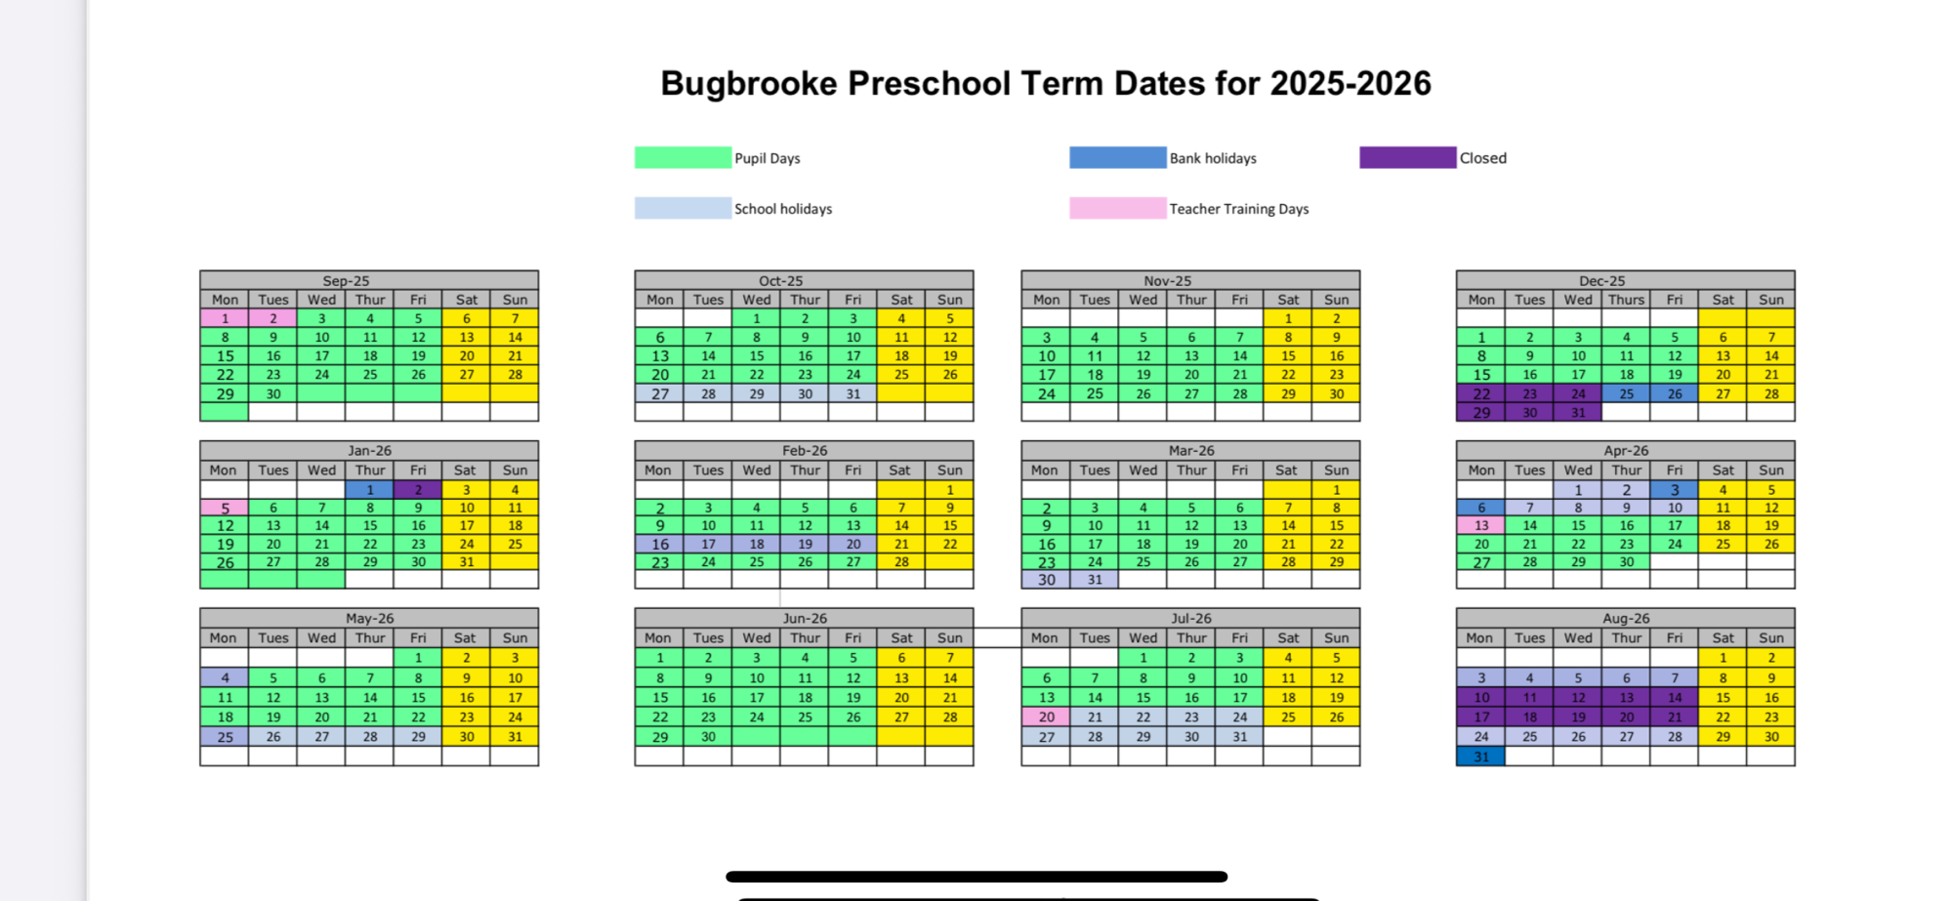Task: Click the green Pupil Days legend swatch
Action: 683,158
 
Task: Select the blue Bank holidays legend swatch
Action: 1117,158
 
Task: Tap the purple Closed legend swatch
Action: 1407,158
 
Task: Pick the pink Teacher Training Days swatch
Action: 1117,208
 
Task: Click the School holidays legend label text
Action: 783,209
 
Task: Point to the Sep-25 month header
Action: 346,281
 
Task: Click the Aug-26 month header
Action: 1626,618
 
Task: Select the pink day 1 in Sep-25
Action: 225,318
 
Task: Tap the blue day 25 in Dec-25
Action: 1626,394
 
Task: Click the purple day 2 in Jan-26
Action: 418,490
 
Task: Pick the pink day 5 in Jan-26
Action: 225,508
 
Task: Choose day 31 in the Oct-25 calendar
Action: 852,394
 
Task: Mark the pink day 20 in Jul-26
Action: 1046,717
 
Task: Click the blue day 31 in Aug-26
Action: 1480,757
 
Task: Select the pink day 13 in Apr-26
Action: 1480,526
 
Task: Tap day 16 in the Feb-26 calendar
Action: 660,545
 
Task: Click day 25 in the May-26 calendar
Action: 225,737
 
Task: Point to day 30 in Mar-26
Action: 1046,580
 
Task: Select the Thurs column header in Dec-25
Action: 1626,300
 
